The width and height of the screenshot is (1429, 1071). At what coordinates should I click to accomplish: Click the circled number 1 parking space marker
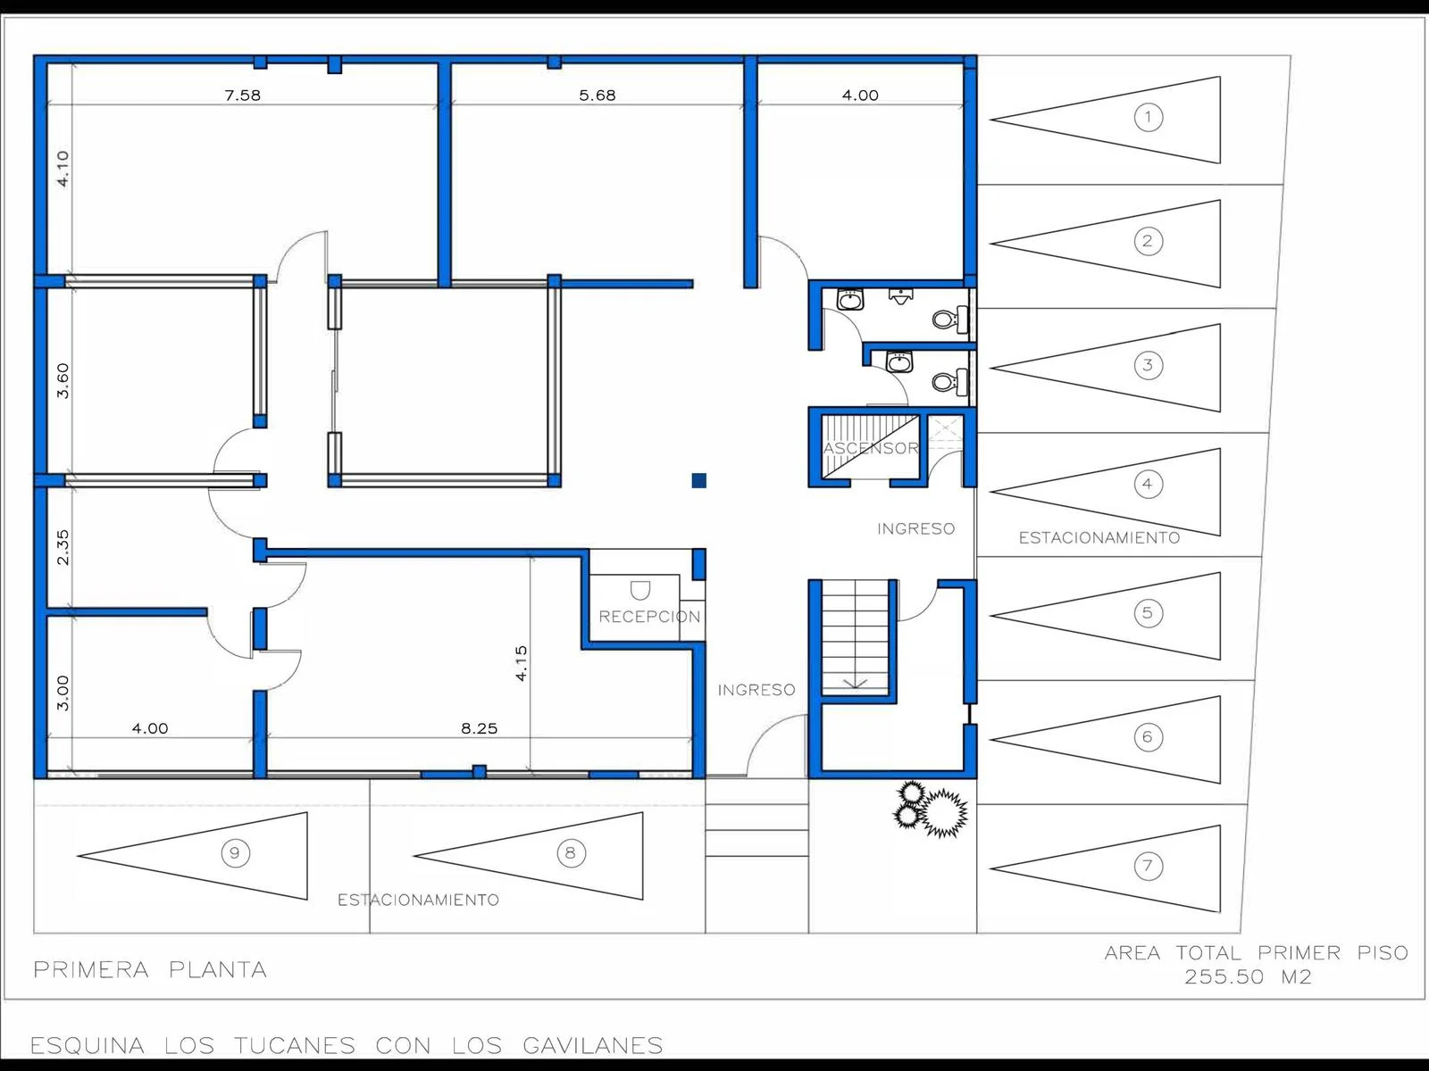tap(1148, 118)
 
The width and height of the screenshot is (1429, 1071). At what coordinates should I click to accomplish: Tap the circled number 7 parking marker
tap(1148, 866)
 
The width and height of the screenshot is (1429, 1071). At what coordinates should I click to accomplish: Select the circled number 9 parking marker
tap(235, 852)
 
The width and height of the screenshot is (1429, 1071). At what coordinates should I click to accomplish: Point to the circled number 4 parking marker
tap(1148, 484)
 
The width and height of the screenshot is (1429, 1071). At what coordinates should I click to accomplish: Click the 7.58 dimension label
tap(243, 95)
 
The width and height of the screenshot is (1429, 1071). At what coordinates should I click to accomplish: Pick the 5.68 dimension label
tap(597, 95)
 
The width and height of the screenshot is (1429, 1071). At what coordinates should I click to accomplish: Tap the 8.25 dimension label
tap(479, 728)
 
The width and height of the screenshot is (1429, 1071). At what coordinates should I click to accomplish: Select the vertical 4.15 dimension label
tap(521, 663)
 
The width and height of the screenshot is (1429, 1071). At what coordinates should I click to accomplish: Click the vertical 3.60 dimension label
tap(63, 380)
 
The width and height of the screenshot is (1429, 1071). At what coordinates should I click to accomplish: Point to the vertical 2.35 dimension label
tap(63, 547)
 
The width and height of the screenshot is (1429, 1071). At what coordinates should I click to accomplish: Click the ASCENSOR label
tap(871, 448)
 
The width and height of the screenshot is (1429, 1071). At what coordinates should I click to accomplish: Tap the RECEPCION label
tap(649, 617)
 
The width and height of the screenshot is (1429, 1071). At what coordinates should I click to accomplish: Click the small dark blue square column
tap(699, 480)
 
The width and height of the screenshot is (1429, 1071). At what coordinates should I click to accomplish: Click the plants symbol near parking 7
tap(931, 809)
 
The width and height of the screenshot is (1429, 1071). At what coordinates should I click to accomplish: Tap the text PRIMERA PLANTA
tap(150, 970)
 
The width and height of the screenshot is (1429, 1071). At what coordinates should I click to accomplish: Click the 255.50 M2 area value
tap(1248, 976)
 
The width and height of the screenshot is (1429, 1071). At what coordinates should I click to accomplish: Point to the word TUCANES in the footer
tap(295, 1046)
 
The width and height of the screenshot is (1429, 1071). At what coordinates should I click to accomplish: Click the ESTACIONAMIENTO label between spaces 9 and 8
tap(419, 900)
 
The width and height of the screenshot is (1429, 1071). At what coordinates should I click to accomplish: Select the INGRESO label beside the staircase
tap(756, 690)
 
